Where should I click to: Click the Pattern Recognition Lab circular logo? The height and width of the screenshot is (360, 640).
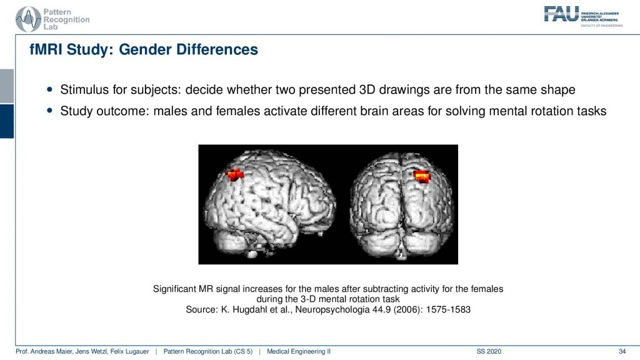tap(27, 19)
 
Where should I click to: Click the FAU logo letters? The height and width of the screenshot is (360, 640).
tap(561, 14)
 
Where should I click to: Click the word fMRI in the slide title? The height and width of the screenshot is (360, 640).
tap(46, 49)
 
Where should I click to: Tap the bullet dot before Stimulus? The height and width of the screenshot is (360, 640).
tap(50, 89)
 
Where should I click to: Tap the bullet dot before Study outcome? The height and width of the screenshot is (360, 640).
tap(50, 110)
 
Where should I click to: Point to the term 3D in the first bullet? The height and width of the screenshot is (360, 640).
tap(367, 89)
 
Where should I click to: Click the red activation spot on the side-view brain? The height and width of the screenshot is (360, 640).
tap(235, 175)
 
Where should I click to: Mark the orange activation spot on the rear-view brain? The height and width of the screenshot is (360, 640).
tap(422, 176)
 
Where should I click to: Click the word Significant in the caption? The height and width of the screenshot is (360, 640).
tap(174, 289)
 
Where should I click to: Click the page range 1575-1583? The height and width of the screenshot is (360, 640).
tap(448, 309)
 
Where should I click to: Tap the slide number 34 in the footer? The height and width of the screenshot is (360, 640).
tap(622, 351)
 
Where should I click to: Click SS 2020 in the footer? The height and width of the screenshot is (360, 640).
tap(489, 351)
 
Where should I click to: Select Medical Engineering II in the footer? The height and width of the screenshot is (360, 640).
tap(298, 351)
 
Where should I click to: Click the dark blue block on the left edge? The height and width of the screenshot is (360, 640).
tap(7, 121)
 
